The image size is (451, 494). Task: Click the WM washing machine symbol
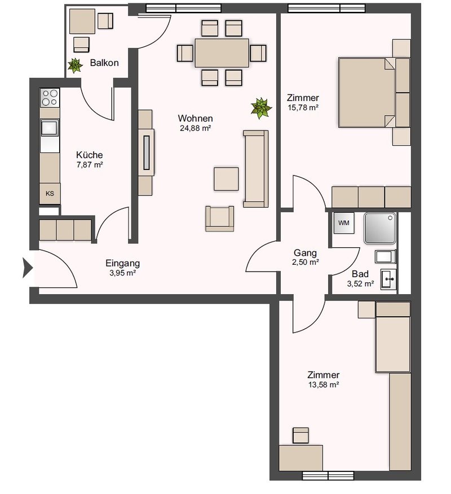pyautogui.click(x=344, y=223)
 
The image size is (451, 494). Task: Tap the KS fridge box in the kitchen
pyautogui.click(x=50, y=194)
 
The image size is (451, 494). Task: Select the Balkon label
pyautogui.click(x=104, y=63)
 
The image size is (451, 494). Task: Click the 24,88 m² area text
pyautogui.click(x=195, y=128)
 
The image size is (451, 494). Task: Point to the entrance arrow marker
pyautogui.click(x=28, y=268)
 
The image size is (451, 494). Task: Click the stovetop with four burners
pyautogui.click(x=50, y=98)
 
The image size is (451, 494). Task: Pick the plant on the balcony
pyautogui.click(x=75, y=65)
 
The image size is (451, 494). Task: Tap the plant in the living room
pyautogui.click(x=260, y=108)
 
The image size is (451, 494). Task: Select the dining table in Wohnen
pyautogui.click(x=222, y=53)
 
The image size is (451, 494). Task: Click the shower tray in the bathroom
pyautogui.click(x=380, y=229)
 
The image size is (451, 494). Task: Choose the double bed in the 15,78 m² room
pyautogui.click(x=366, y=93)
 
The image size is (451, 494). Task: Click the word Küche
pyautogui.click(x=89, y=155)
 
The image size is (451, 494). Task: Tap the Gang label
pyautogui.click(x=305, y=253)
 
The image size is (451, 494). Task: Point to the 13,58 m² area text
pyautogui.click(x=324, y=384)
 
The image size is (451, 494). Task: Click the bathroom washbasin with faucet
pyautogui.click(x=388, y=279)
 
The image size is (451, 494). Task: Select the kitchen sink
pyautogui.click(x=50, y=128)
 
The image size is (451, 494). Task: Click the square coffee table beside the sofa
pyautogui.click(x=226, y=179)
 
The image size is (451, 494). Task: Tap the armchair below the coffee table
pyautogui.click(x=219, y=218)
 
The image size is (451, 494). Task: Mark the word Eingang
pyautogui.click(x=123, y=263)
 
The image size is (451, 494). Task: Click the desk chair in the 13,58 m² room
pyautogui.click(x=300, y=435)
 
